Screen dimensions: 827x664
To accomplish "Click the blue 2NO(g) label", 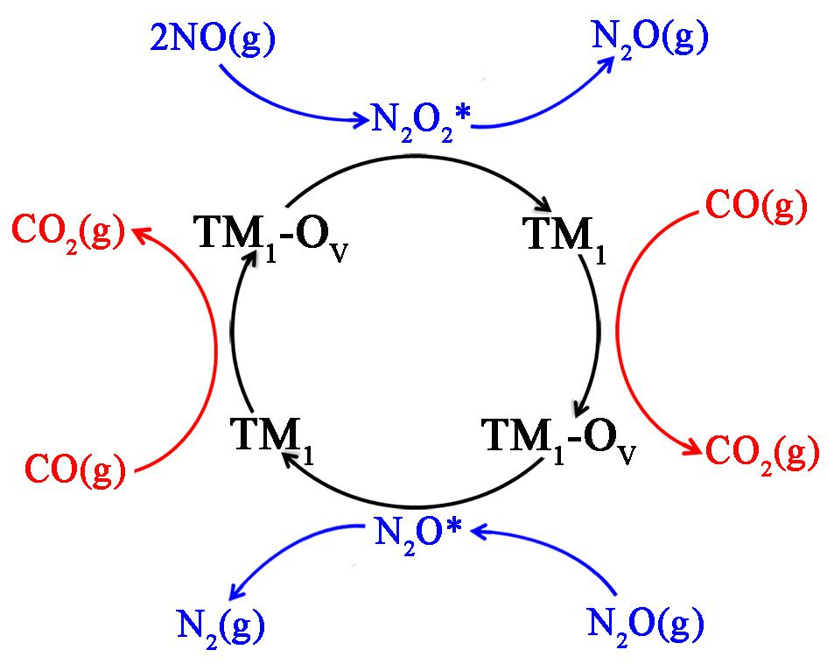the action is [x=213, y=39].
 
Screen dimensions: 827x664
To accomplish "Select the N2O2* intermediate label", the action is [x=420, y=122].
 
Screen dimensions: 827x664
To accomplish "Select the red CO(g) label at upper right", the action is [x=756, y=207].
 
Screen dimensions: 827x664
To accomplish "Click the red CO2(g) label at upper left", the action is [x=68, y=234].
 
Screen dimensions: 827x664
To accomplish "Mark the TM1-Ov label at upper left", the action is [x=271, y=235].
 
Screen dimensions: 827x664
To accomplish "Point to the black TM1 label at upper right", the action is [x=564, y=236].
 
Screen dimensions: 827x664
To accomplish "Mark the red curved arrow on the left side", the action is [x=215, y=349].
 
